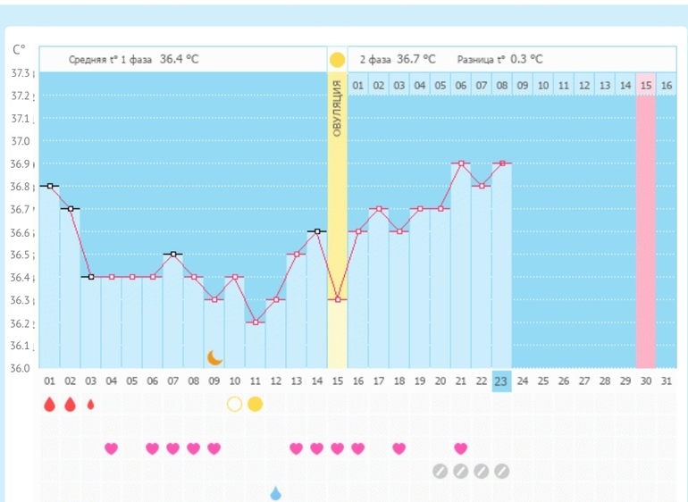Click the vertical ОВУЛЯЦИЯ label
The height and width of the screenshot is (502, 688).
coord(337,108)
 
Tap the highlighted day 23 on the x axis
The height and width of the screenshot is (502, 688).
coord(501,381)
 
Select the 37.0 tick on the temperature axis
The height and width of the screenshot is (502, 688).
coord(21,141)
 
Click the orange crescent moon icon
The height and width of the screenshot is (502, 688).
coord(214,357)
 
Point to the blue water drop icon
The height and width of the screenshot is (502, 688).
coord(275,493)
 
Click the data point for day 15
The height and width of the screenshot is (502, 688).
coord(337,299)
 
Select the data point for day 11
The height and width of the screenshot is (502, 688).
coord(256,322)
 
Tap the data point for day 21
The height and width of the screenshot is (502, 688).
coord(460,163)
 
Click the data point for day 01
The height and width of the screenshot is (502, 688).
coord(50,186)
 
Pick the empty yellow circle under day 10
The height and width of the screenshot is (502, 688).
coord(234,404)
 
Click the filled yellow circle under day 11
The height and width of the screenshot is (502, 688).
coord(255,404)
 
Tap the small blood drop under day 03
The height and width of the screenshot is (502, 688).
coord(90,404)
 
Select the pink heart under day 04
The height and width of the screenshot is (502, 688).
coord(111,448)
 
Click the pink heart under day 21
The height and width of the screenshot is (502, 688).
coord(460,448)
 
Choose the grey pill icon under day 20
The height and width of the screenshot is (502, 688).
coord(440,471)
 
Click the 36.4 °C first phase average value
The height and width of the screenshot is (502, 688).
coord(179,59)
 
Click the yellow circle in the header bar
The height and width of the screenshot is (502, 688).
coord(337,60)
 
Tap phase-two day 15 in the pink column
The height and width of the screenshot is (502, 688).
coord(645,85)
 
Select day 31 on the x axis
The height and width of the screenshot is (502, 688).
coord(666,381)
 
